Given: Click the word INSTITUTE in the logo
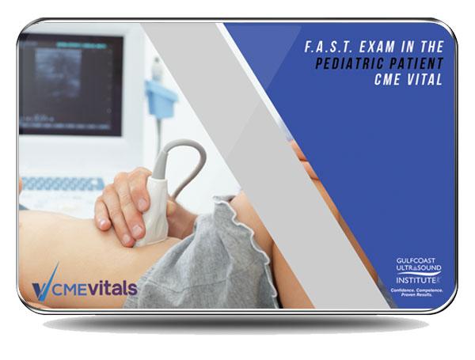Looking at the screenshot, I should tap(412, 278).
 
